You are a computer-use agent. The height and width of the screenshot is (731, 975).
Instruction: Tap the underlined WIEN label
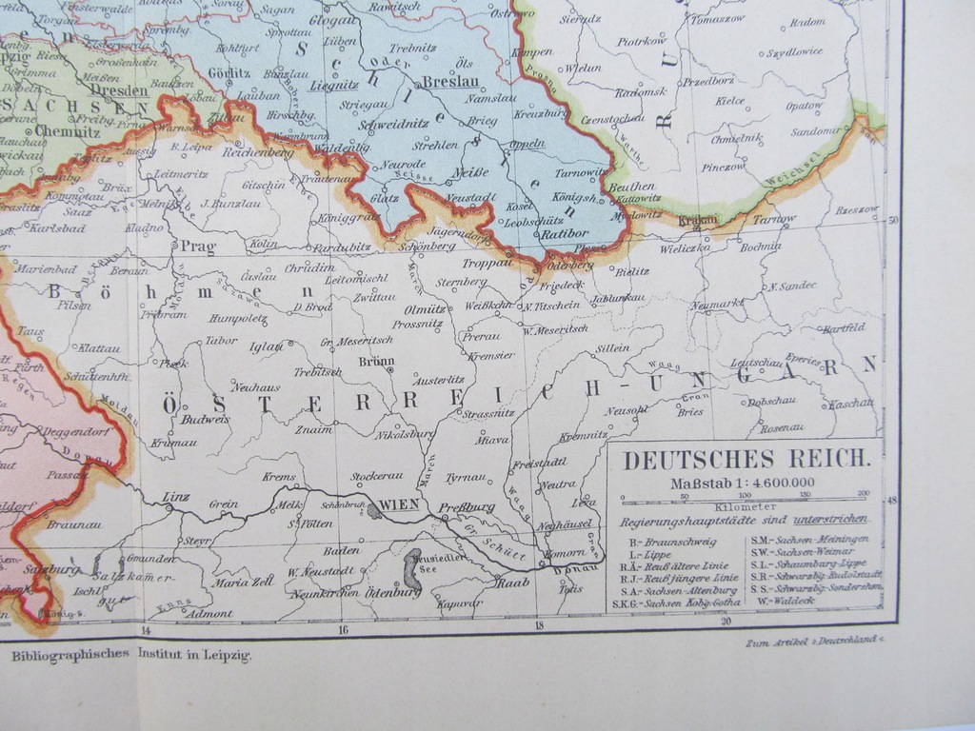[399, 504]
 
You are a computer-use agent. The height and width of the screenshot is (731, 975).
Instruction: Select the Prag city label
[198, 247]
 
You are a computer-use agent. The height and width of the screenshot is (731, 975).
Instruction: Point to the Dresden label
[121, 91]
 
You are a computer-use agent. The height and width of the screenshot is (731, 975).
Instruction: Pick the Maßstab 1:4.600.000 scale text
[743, 484]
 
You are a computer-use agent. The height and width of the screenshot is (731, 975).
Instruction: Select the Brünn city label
[376, 361]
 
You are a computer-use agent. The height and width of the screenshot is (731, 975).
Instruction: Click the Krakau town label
[697, 221]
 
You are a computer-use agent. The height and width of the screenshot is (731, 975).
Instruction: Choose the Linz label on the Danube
[177, 496]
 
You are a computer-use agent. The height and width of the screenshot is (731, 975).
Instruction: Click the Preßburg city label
[470, 507]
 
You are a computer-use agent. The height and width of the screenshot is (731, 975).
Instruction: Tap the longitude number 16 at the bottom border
[343, 629]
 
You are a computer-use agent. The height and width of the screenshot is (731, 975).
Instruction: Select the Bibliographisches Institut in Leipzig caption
[129, 655]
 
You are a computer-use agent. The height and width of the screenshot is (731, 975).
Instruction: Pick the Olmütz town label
[424, 309]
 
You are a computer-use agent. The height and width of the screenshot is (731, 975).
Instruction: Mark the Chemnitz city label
[68, 131]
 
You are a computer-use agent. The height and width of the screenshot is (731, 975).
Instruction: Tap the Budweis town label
[206, 418]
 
